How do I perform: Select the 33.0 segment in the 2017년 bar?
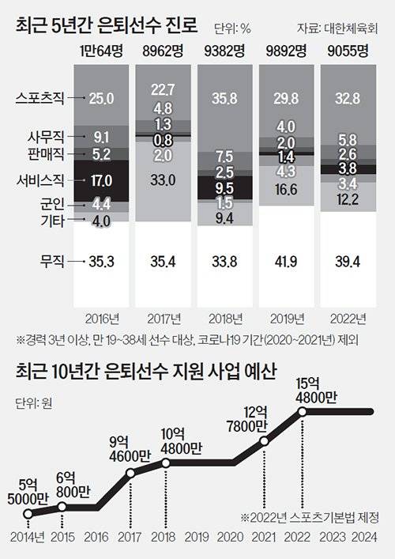pos(164,180)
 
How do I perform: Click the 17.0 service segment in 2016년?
pos(102,179)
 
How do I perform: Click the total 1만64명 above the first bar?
pos(102,53)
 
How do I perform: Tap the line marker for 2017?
pos(130,474)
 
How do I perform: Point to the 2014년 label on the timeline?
pos(28,538)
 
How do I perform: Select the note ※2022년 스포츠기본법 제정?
pos(310,518)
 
